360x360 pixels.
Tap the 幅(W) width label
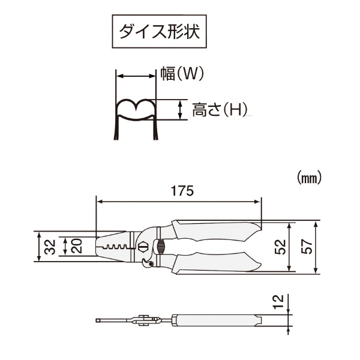click(x=182, y=74)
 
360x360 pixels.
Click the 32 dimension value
click(x=50, y=245)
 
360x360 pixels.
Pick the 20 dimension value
click(x=77, y=245)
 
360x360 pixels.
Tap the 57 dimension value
click(x=306, y=247)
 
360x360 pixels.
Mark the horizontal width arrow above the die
click(x=136, y=76)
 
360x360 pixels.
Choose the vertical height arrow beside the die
click(x=179, y=109)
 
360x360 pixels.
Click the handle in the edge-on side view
click(x=216, y=320)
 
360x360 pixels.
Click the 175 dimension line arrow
click(x=179, y=202)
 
